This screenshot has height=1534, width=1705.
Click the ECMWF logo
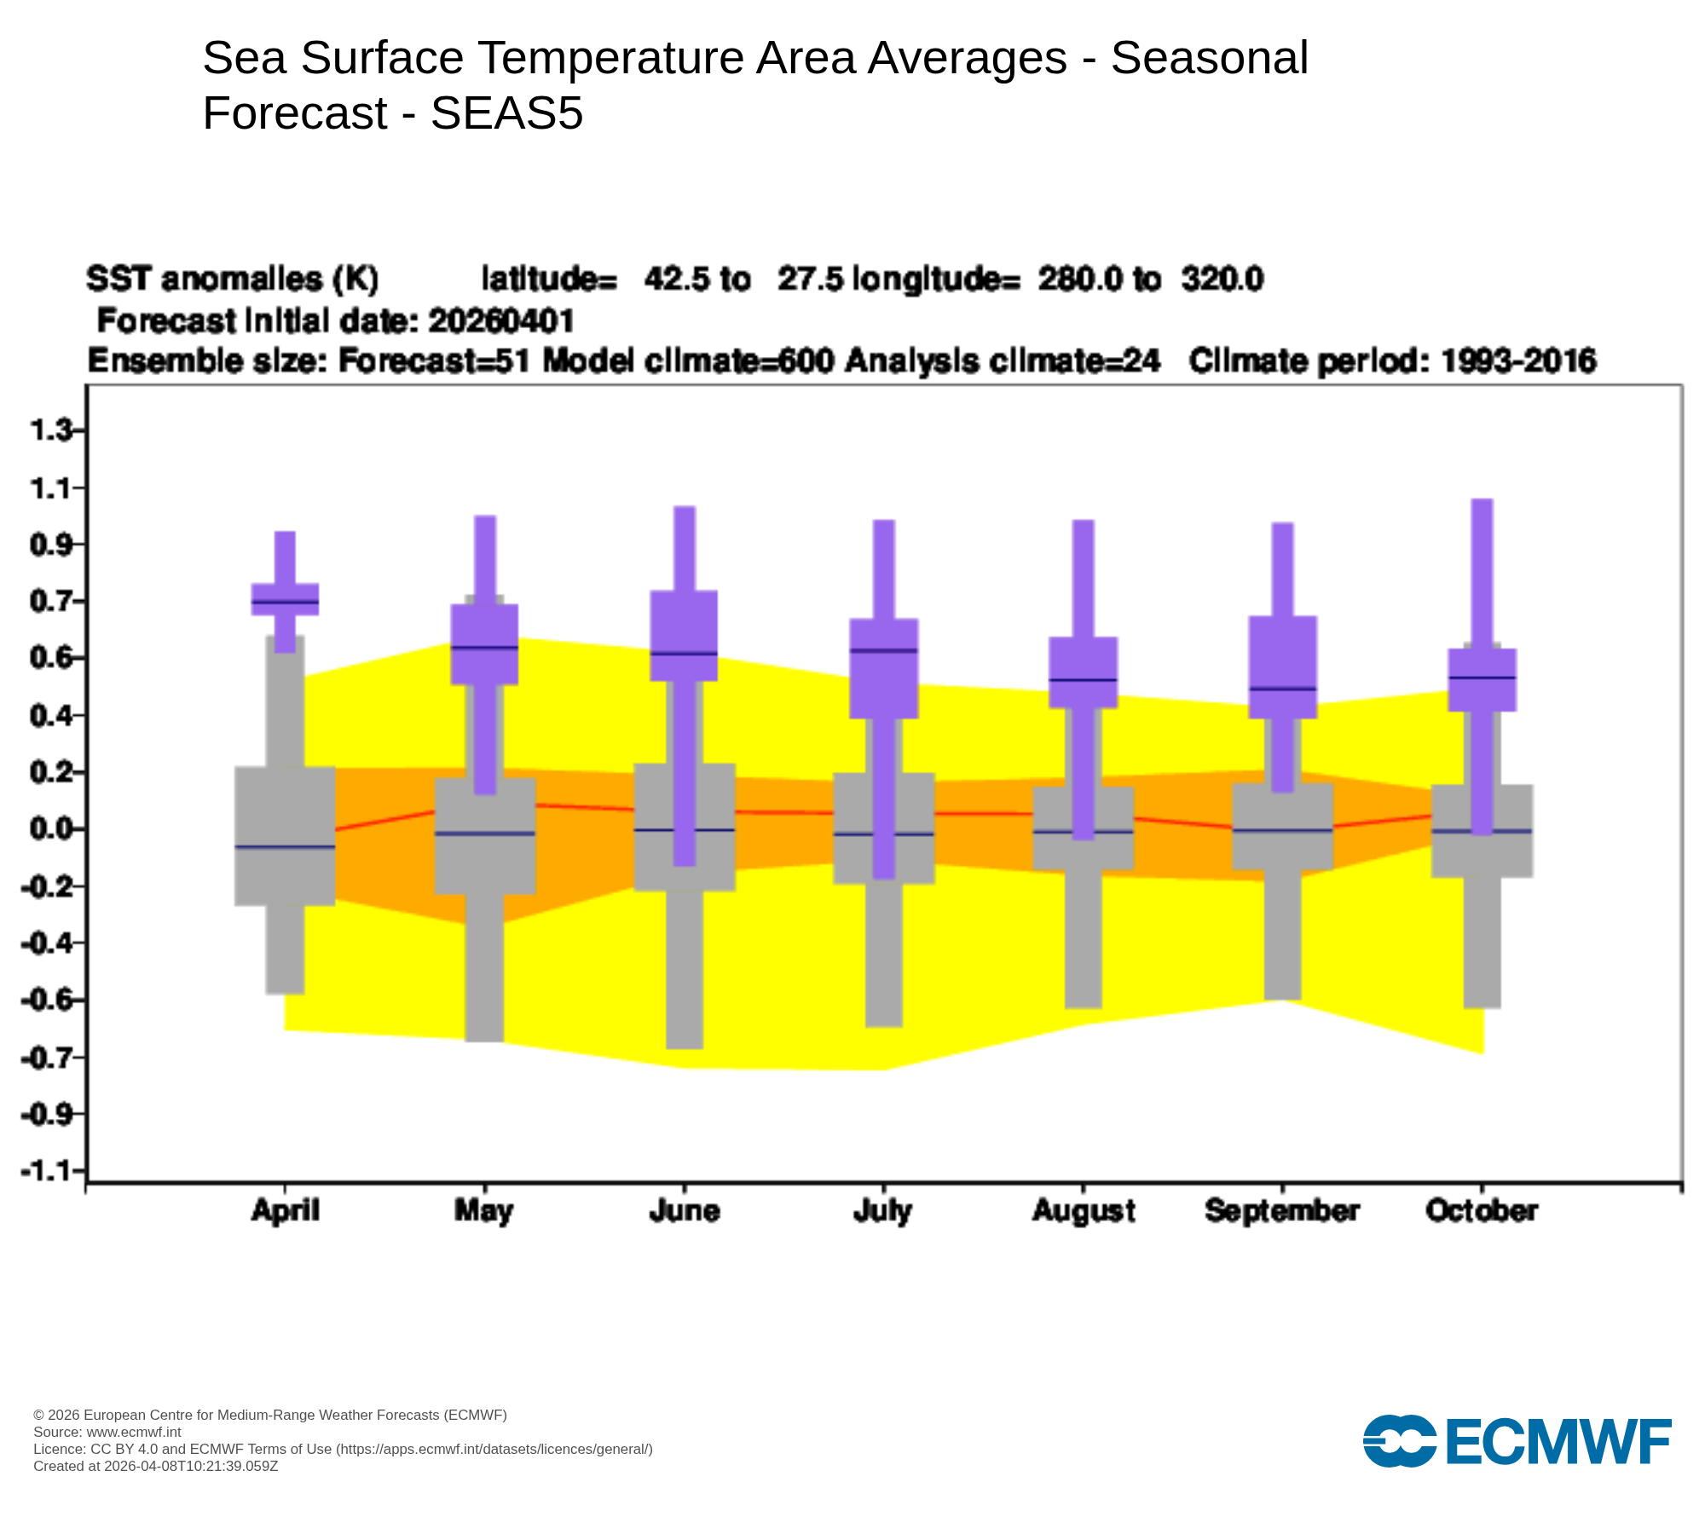[x=1517, y=1441]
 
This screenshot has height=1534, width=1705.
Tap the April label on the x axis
[x=285, y=1210]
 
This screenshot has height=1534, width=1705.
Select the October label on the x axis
[x=1482, y=1210]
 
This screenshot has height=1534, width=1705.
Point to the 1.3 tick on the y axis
[x=51, y=431]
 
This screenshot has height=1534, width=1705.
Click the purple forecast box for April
[x=285, y=599]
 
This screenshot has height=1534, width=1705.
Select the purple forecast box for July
[x=884, y=668]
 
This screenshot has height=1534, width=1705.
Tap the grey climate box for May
[x=485, y=835]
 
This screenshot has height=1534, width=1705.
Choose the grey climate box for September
[x=1283, y=827]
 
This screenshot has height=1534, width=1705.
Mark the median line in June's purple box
[x=684, y=654]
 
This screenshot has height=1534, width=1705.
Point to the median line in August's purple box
[x=1083, y=680]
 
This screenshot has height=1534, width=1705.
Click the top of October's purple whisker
[x=1482, y=500]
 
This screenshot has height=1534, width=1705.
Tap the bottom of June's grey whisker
[x=685, y=1047]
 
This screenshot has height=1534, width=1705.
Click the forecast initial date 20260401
[x=501, y=321]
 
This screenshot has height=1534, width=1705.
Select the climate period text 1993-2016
[x=1518, y=361]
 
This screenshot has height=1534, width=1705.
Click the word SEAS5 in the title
[x=506, y=112]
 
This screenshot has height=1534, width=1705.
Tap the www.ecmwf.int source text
[x=134, y=1432]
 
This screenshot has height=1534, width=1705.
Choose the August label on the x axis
[x=1084, y=1210]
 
